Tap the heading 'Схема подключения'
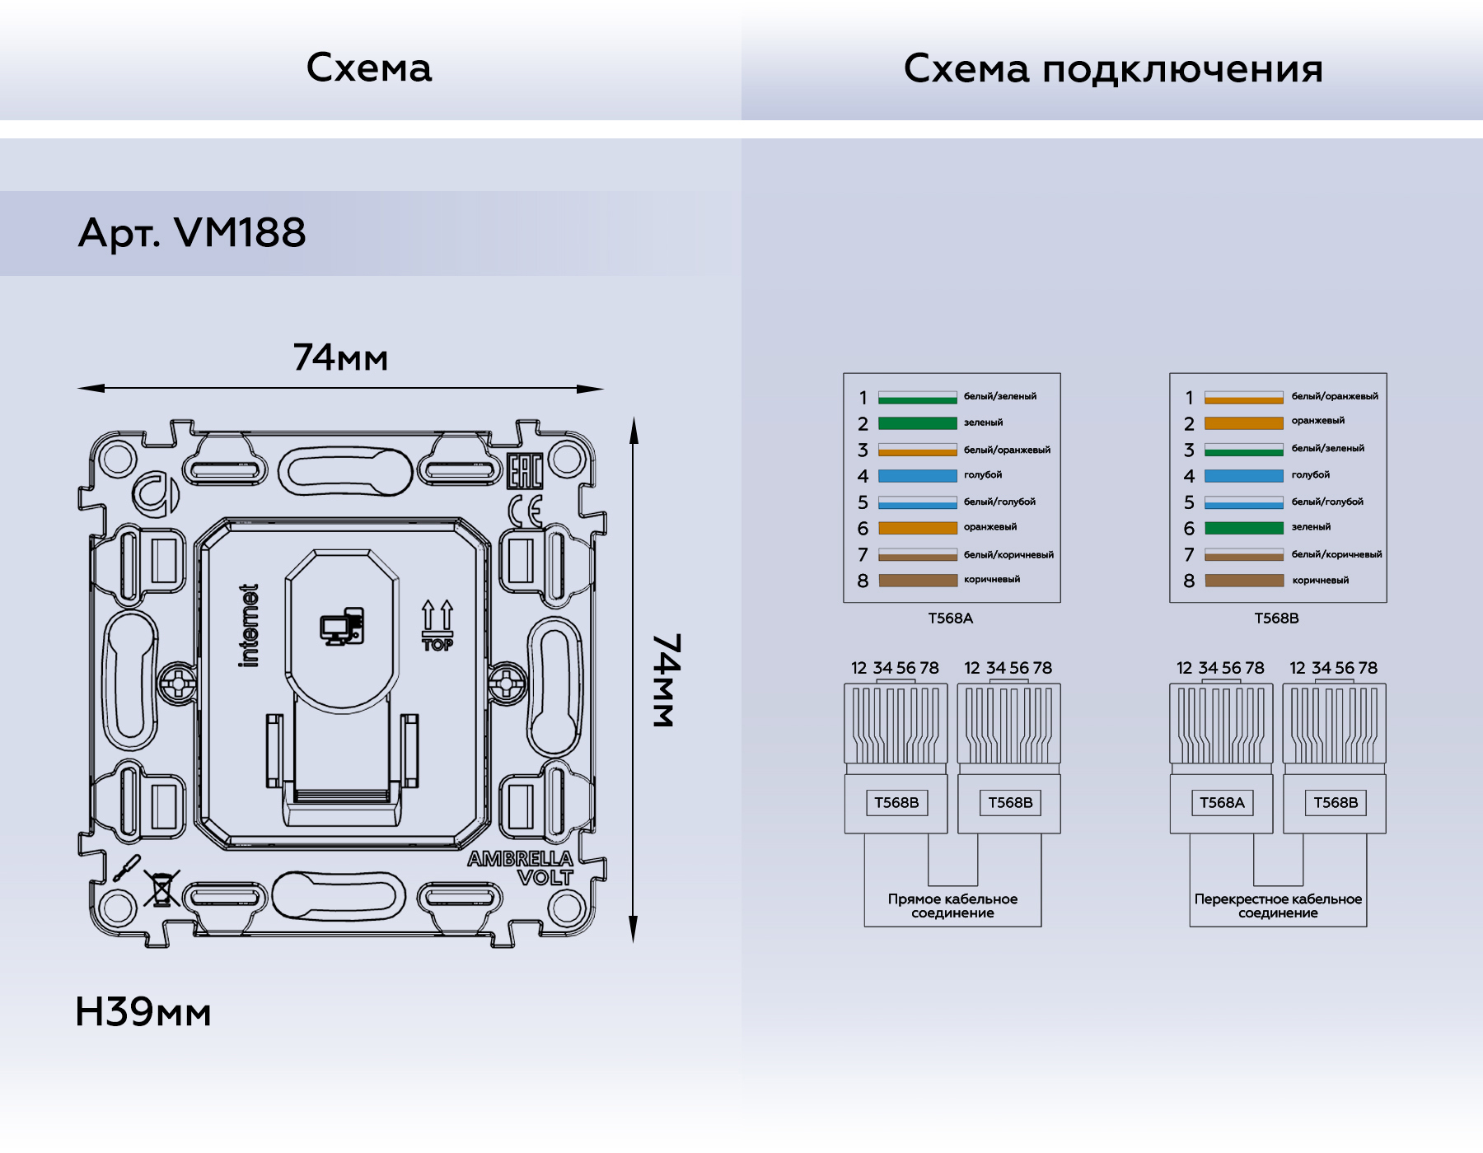pyautogui.click(x=1112, y=69)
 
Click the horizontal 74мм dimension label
pyautogui.click(x=340, y=358)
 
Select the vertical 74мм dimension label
pyautogui.click(x=667, y=680)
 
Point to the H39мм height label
pyautogui.click(x=143, y=1012)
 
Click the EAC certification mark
pyautogui.click(x=524, y=472)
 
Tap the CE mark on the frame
pyautogui.click(x=525, y=511)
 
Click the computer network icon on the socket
pyautogui.click(x=342, y=627)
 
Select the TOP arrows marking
pyautogui.click(x=437, y=626)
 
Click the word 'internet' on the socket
pyautogui.click(x=249, y=625)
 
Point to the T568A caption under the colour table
pyautogui.click(x=950, y=619)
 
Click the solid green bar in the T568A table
pyautogui.click(x=917, y=423)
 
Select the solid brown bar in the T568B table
pyautogui.click(x=1243, y=581)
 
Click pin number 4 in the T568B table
pyautogui.click(x=1189, y=476)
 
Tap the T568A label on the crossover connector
pyautogui.click(x=1221, y=803)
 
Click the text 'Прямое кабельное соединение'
pyautogui.click(x=952, y=906)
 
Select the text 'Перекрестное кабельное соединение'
pyautogui.click(x=1278, y=906)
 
